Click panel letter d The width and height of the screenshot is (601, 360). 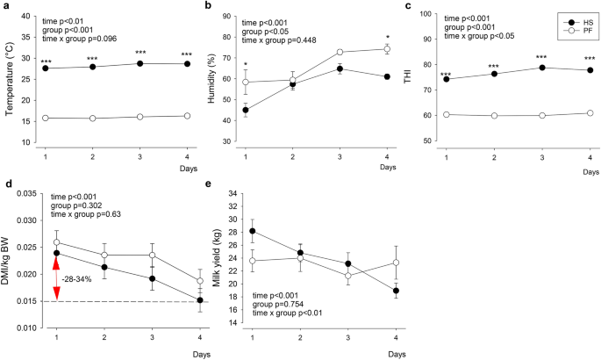pos(8,184)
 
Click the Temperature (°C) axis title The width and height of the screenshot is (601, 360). pos(10,78)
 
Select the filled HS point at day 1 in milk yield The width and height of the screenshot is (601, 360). pos(254,232)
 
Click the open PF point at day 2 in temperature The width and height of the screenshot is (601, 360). pos(92,118)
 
